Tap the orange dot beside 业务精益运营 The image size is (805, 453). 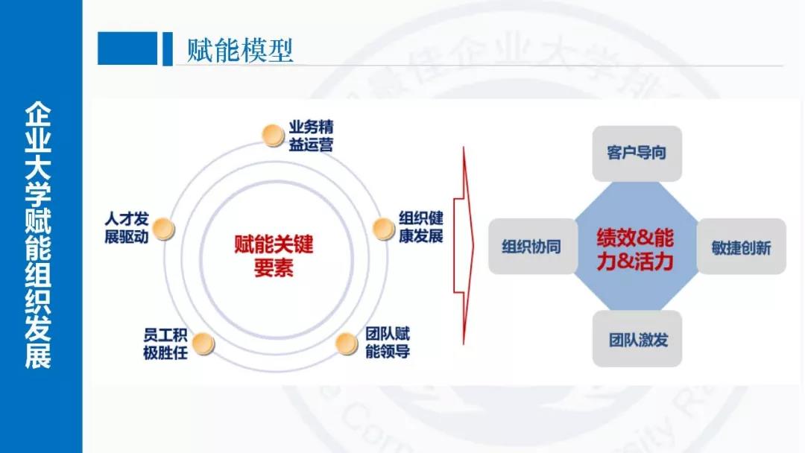tap(274, 134)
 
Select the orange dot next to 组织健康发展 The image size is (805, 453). tap(383, 227)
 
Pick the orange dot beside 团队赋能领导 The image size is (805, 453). tap(346, 343)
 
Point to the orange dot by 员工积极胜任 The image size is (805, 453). tap(203, 343)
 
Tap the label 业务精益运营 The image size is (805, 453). tap(311, 135)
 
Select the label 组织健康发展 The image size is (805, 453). tap(421, 227)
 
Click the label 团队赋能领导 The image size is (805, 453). tap(388, 342)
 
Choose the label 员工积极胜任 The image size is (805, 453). tap(165, 343)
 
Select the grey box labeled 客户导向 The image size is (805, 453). tap(637, 153)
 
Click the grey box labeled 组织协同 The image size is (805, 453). tap(531, 247)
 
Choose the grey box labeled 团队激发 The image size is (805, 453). tap(637, 340)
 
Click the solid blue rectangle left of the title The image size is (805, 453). tap(127, 48)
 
